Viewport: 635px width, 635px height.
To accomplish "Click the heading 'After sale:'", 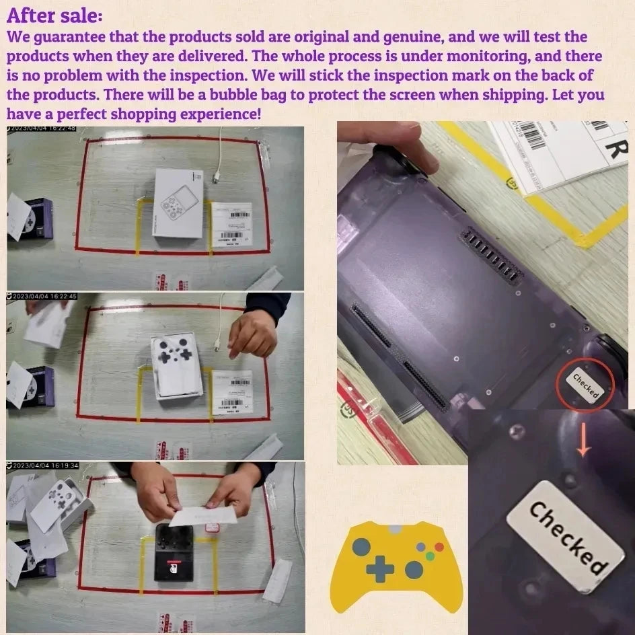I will [x=54, y=14].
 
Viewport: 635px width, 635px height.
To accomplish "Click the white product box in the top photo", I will [x=178, y=202].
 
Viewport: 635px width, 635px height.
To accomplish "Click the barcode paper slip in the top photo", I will [x=231, y=225].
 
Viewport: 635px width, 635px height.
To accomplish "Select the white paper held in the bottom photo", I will [x=202, y=516].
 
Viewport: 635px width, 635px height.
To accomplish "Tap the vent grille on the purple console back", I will [x=489, y=256].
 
